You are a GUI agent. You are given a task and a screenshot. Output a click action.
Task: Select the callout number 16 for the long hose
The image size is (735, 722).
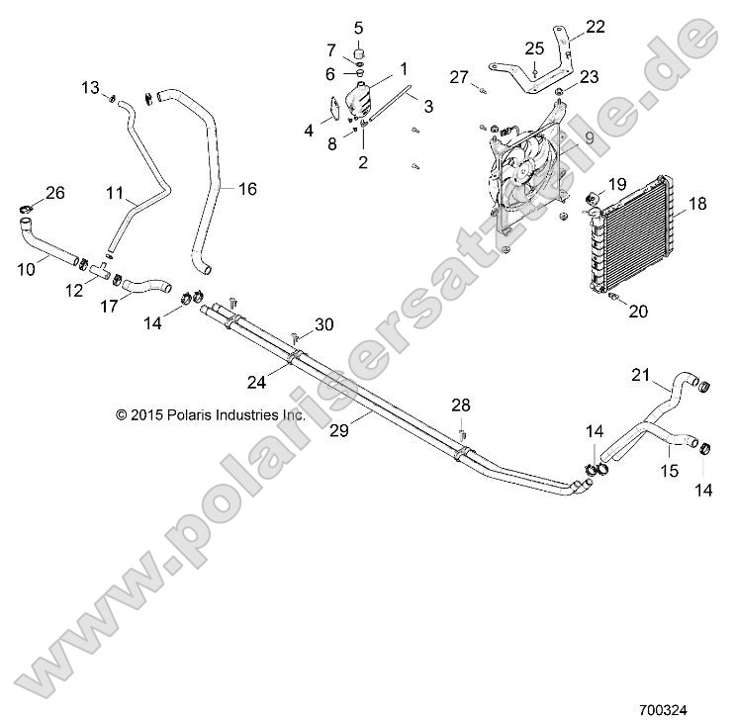[246, 189]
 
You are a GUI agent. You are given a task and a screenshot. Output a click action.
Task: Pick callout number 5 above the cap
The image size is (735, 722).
[358, 27]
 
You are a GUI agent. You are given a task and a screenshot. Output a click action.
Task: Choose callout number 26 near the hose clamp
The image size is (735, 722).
[55, 193]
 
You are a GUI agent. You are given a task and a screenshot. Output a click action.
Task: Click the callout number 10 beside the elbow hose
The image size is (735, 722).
[27, 268]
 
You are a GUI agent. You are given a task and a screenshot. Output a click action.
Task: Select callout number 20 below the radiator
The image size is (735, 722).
[638, 312]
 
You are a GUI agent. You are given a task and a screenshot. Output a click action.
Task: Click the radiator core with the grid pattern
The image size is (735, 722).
[638, 232]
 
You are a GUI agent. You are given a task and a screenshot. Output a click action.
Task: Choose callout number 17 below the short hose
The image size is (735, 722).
[109, 307]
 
